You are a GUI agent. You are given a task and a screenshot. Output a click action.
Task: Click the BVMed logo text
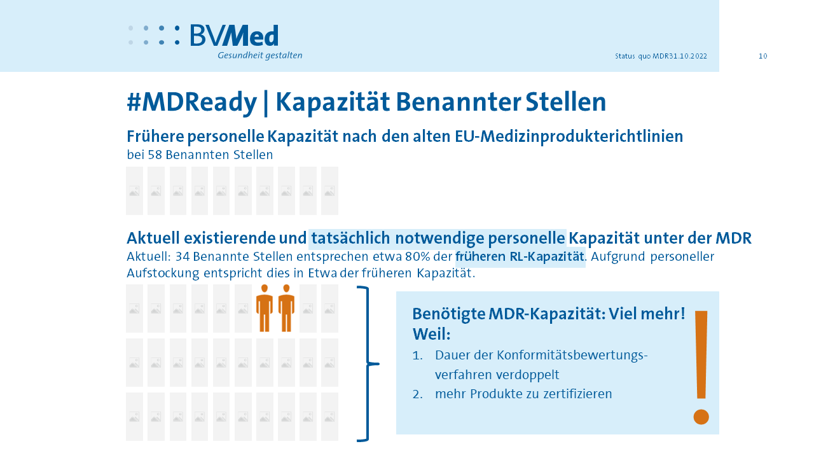coord(235,35)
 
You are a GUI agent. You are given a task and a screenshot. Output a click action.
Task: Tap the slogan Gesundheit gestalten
coord(260,55)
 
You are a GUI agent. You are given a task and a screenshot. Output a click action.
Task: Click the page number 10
coord(762,56)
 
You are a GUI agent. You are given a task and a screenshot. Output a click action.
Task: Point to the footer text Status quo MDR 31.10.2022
coord(661,56)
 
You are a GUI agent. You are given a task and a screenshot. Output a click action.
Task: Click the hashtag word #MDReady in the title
coord(191,102)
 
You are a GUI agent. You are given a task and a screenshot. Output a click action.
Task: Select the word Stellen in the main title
coord(566,102)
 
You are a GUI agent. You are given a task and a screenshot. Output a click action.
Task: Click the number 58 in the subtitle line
coord(155,155)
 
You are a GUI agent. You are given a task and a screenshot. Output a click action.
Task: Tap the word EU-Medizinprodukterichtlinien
coord(569,137)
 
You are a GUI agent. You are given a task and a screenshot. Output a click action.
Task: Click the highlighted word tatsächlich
coord(350,239)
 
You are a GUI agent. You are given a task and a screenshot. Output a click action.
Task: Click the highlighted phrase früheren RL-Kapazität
coord(520,256)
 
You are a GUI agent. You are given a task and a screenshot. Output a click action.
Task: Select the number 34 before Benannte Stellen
coord(183,256)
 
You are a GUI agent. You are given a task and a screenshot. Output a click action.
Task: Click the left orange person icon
coord(265,309)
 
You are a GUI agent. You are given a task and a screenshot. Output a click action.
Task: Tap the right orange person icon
coord(286,309)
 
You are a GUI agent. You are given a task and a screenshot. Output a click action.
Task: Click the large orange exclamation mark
coord(701,367)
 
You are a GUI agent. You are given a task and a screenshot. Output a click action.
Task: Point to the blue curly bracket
coord(368,363)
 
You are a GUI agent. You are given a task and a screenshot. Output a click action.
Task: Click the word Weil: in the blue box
coord(431,334)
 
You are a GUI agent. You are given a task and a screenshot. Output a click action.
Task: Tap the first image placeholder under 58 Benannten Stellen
coord(134,191)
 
